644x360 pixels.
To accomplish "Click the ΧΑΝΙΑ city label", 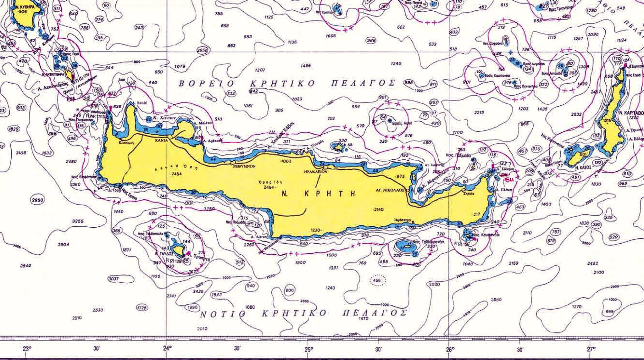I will pos(161,141).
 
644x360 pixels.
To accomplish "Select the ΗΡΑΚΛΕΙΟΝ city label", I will pos(316,172).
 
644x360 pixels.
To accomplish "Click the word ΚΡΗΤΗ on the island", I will pos(330,193).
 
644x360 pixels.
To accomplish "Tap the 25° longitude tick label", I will pos(308,349).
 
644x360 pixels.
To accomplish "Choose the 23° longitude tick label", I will pos(27,349).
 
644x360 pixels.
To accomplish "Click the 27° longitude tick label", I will pos(591,349).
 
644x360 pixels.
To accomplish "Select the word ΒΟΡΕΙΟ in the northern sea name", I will pos(207,84).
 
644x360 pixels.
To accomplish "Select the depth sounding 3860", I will pos(496,300).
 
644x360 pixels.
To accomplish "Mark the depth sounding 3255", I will pos(78,221).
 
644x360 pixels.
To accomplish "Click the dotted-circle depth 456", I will pos(376,280).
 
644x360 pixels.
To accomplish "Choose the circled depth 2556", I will pos(202,50).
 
